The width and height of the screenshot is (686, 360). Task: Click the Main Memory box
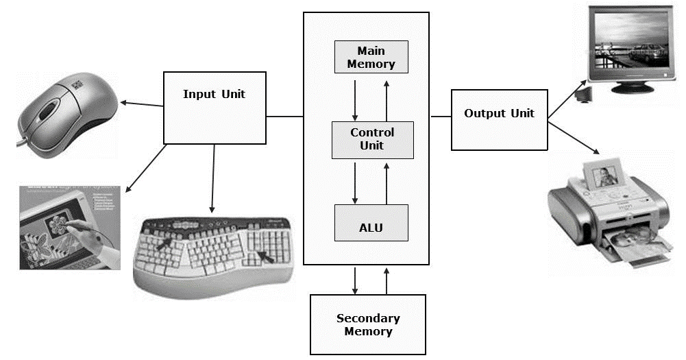point(371,57)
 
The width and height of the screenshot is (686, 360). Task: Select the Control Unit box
point(372,139)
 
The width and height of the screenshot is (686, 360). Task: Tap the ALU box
point(371,222)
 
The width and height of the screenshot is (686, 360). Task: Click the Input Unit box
point(214,108)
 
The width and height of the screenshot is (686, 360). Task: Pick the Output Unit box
point(499,119)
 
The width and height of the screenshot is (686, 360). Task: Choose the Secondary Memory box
point(368,324)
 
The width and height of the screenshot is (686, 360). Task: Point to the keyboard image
point(217,253)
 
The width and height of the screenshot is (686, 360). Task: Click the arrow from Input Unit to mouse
point(142,104)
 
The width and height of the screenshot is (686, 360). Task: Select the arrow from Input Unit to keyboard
point(213,178)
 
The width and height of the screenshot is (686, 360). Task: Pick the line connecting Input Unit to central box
point(284,116)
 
